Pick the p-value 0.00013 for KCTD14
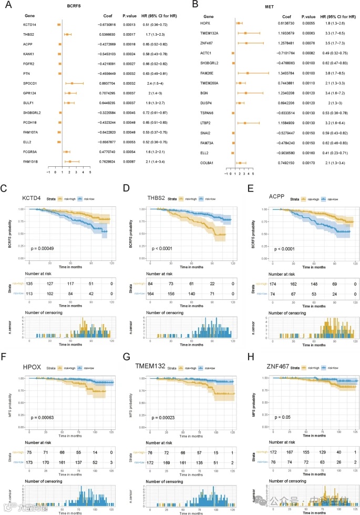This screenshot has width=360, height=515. pos(130,25)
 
